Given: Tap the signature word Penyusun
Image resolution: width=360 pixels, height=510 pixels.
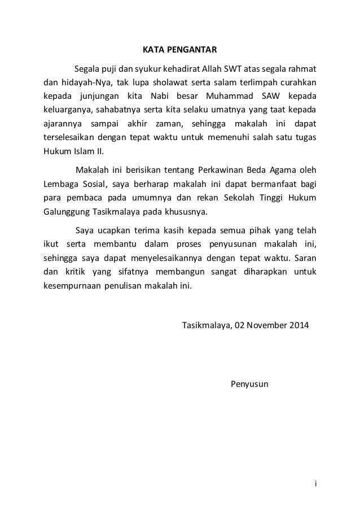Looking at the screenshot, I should pyautogui.click(x=250, y=385).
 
